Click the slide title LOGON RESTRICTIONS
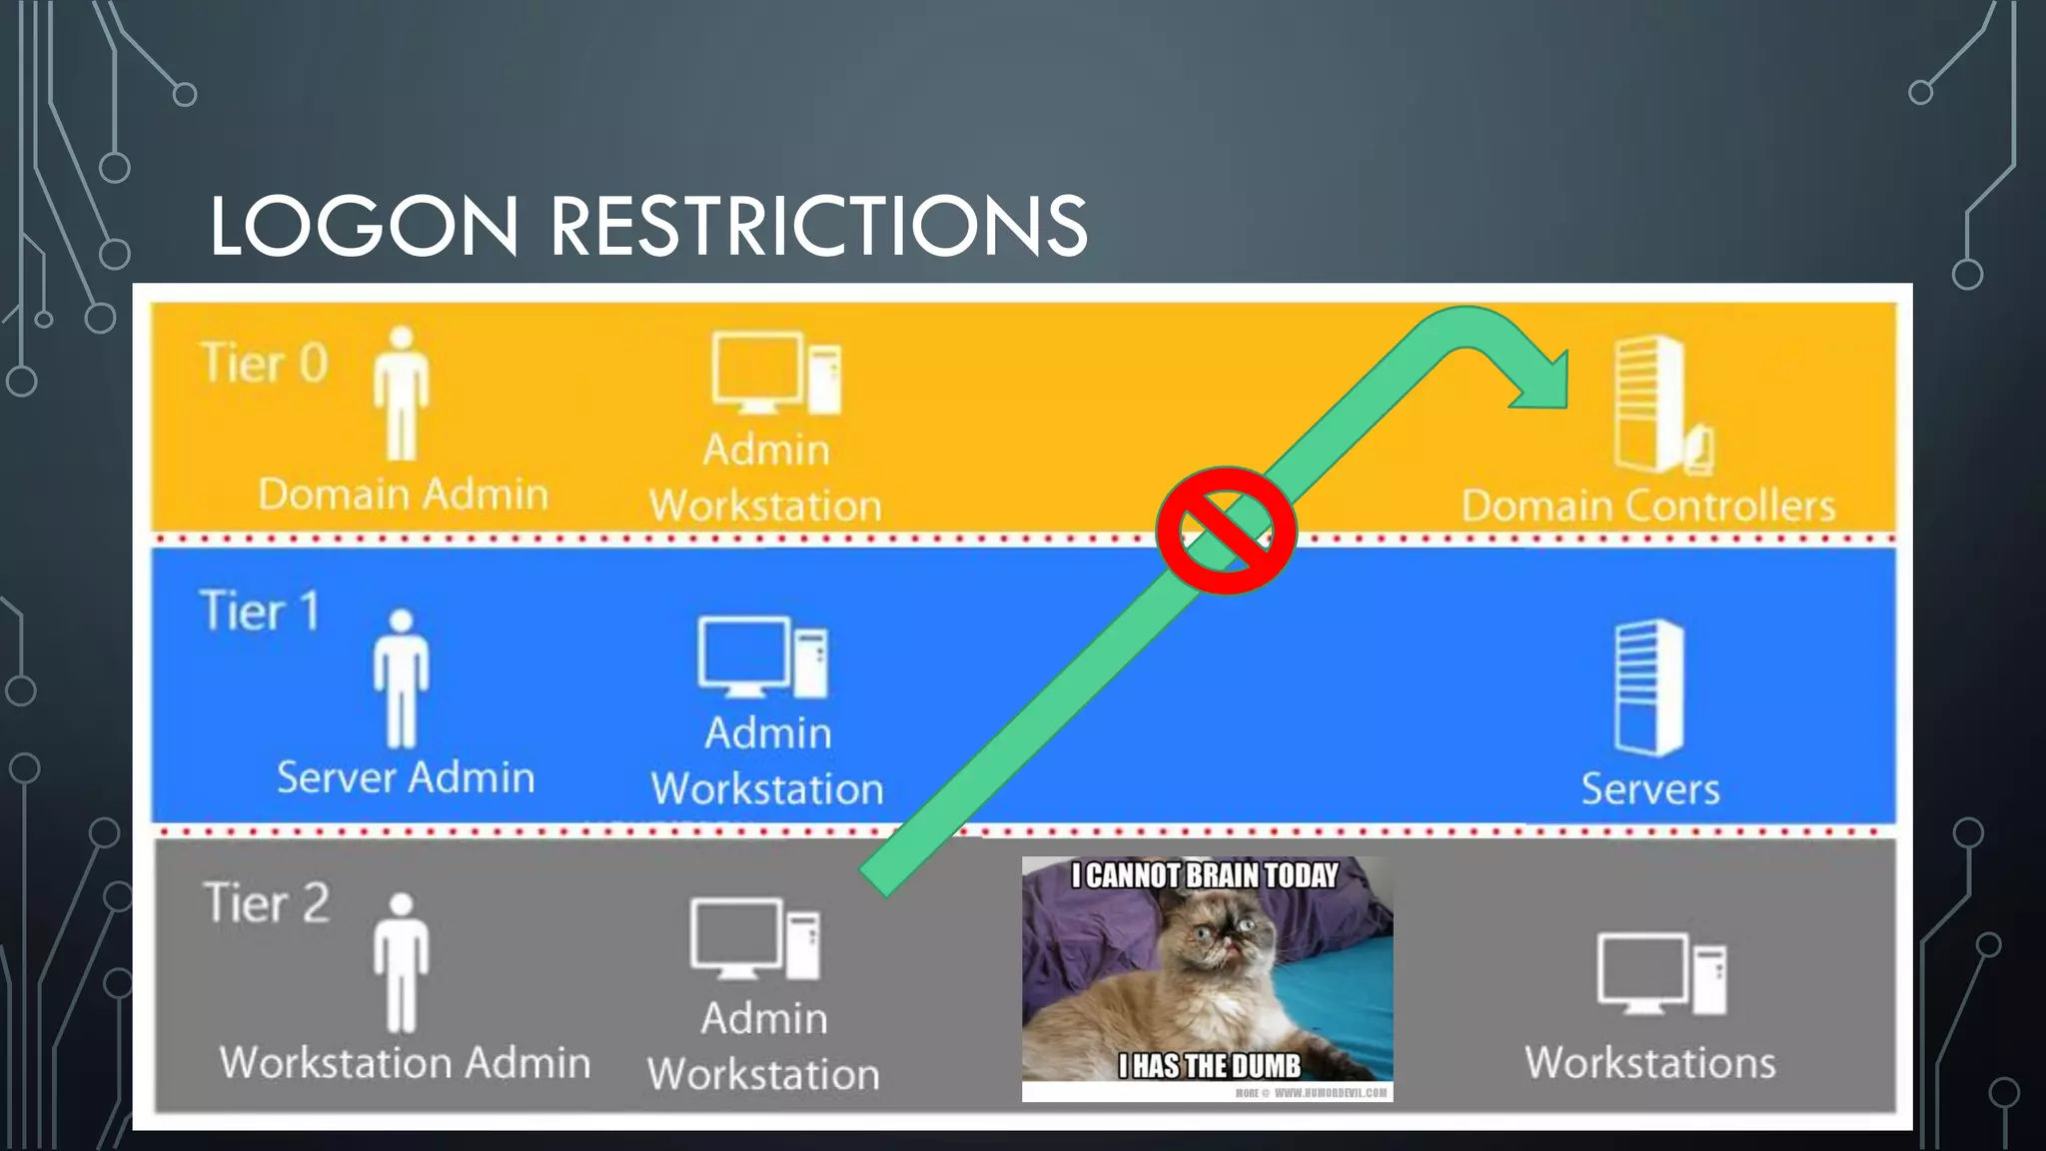(648, 226)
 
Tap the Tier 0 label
(264, 363)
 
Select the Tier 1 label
(260, 610)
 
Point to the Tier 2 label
(266, 903)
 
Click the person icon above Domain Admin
(402, 394)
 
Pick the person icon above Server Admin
(402, 678)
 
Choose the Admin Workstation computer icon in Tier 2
(755, 939)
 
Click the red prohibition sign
(1226, 531)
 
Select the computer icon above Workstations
(1661, 974)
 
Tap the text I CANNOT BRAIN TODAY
(1205, 876)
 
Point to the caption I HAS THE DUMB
(1210, 1066)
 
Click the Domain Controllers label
(1648, 506)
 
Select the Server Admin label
(406, 777)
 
